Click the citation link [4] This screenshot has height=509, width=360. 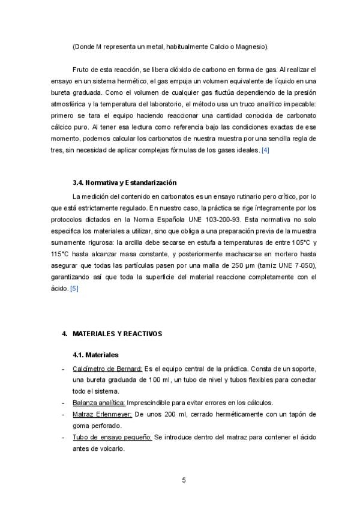coord(265,150)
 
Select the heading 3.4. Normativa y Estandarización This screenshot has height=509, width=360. coord(124,182)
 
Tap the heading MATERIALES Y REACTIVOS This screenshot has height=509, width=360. coord(117,334)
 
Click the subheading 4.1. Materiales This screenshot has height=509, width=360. coord(95,355)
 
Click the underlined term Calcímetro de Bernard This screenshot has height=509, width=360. coord(107,368)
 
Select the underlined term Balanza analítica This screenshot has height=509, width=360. coord(98,403)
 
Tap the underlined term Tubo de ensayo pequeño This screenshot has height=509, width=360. coord(112,438)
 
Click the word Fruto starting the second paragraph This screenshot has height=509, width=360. coord(81,70)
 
